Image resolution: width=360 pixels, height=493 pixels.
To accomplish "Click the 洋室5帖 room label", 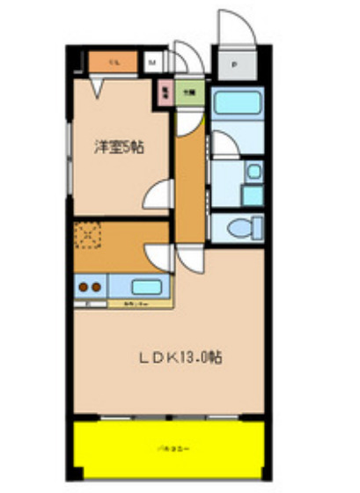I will [x=120, y=148].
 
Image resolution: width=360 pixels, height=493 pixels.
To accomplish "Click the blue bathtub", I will [x=237, y=104].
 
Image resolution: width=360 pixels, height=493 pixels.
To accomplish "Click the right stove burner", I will [x=96, y=285].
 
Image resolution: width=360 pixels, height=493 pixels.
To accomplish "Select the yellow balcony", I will [x=167, y=448].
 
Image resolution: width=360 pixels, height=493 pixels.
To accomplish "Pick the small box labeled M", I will [x=152, y=63].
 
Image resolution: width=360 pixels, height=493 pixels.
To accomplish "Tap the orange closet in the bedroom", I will [x=114, y=63].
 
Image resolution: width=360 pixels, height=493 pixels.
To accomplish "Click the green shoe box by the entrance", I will [x=187, y=89].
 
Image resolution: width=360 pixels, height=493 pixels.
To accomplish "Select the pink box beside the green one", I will [x=165, y=89].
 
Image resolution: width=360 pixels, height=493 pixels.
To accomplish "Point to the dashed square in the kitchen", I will [x=88, y=234].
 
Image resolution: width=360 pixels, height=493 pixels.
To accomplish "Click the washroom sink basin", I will [x=253, y=172].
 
